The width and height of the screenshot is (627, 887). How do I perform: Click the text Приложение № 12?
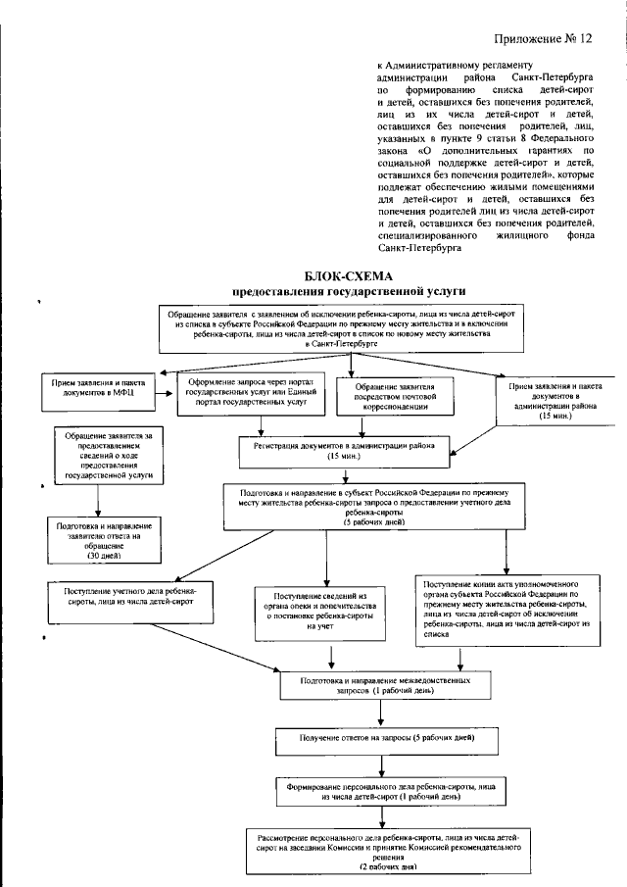click(x=547, y=39)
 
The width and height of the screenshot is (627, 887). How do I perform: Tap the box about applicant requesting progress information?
click(x=101, y=456)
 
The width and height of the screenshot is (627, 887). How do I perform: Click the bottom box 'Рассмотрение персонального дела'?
click(x=386, y=852)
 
